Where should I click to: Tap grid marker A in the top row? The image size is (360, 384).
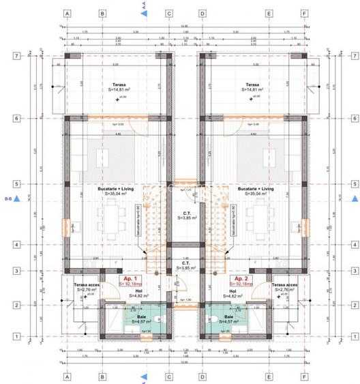pos(67,13)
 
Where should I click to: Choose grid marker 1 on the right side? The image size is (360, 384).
pos(350,336)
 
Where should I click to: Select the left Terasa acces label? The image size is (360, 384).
pos(87,287)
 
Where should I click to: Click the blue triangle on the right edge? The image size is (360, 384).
pos(354,199)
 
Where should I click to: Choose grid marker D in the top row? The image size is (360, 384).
pos(202,13)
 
